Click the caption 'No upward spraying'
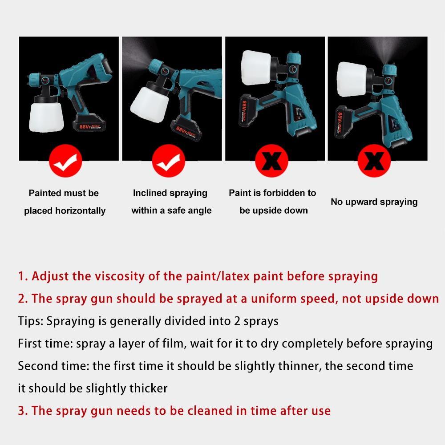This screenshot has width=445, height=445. pyautogui.click(x=374, y=202)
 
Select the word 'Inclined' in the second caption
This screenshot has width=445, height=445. pyautogui.click(x=150, y=193)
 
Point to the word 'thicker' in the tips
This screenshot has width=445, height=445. pyautogui.click(x=148, y=388)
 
